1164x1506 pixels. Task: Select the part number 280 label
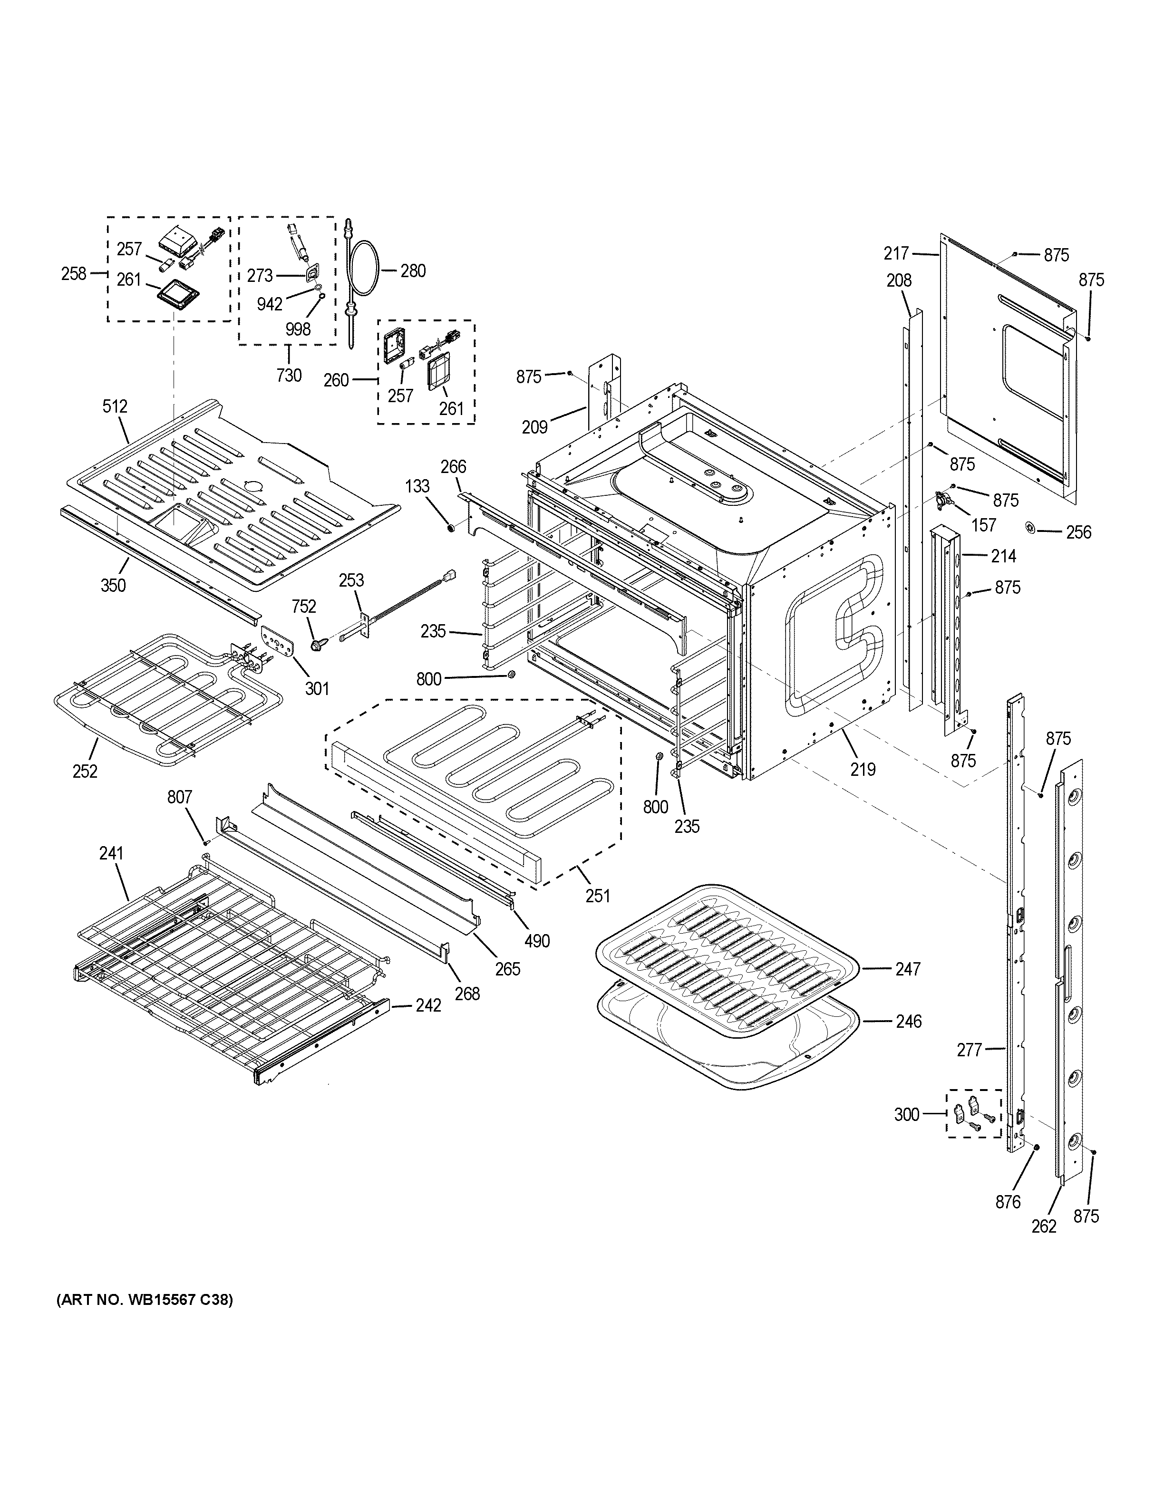point(413,271)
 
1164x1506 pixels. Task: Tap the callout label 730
point(289,375)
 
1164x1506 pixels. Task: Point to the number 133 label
point(417,487)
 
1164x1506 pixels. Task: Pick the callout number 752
point(304,606)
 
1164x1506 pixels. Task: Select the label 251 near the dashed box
point(598,895)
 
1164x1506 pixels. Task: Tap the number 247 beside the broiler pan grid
point(908,969)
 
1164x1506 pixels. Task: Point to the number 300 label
point(907,1115)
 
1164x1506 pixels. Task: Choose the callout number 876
point(1008,1203)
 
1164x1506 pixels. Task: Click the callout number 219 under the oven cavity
point(863,769)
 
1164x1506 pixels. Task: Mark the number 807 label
point(180,797)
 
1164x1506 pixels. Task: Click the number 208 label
point(899,280)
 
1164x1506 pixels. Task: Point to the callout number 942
point(270,304)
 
